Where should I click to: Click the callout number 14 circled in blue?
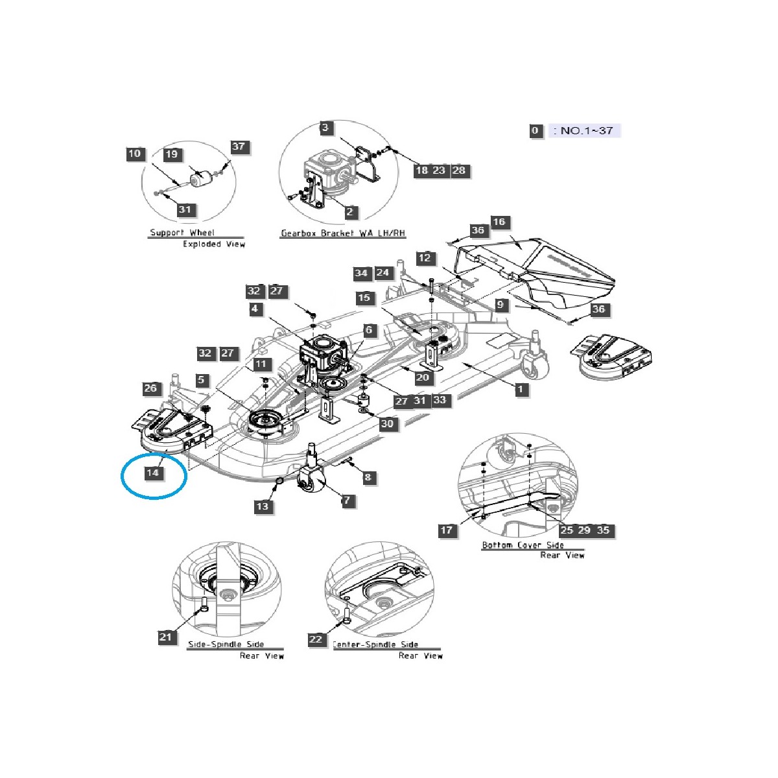[152, 473]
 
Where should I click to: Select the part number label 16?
[499, 222]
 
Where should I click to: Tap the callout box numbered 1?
[521, 389]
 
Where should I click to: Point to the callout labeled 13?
[263, 506]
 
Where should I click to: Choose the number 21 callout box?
[166, 637]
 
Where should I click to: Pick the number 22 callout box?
[316, 639]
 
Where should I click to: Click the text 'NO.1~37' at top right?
[586, 130]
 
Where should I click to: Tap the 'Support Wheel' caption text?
[182, 233]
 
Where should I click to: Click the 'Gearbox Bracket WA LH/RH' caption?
[343, 233]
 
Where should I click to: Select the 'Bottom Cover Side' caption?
[523, 545]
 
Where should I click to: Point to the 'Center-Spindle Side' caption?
[375, 644]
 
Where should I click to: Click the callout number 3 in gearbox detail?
[326, 128]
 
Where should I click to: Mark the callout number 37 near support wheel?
[239, 147]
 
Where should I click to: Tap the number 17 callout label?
[447, 530]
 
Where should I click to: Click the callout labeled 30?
[387, 424]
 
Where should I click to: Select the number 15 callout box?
[365, 298]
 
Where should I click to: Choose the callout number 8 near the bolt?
[368, 478]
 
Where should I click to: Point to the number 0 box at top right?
[535, 130]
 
